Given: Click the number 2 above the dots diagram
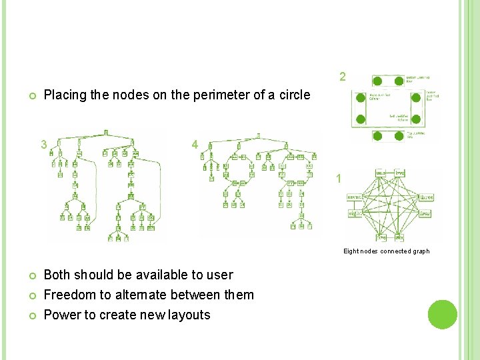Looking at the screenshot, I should [x=342, y=77].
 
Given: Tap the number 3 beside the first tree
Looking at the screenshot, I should [x=43, y=144].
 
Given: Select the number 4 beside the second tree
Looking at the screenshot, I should [x=194, y=144].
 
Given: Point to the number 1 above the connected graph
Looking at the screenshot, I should [x=339, y=179].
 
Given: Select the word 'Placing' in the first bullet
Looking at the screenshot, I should [x=65, y=95].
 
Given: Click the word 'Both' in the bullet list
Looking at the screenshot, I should [x=57, y=275].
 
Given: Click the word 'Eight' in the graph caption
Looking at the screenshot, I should [x=351, y=251].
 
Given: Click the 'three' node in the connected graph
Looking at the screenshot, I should [x=427, y=196].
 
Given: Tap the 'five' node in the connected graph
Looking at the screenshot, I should [x=381, y=237].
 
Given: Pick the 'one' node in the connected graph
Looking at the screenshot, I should [x=381, y=173].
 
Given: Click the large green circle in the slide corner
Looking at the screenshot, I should [x=441, y=314].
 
